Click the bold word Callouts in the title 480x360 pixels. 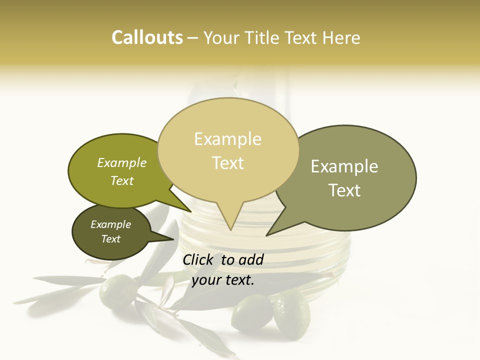147,37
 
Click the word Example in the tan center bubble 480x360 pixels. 227,139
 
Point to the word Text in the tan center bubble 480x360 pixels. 227,163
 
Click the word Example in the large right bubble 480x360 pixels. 344,166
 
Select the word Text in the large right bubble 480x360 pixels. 344,190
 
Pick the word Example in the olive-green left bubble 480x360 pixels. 122,163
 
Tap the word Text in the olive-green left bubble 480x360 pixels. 122,180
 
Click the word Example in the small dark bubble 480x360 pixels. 110,224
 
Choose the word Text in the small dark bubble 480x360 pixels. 110,239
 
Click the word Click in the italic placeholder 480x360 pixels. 198,259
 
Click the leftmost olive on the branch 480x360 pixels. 117,291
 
